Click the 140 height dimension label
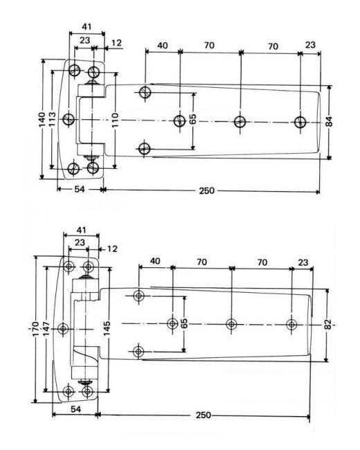pos(42,120)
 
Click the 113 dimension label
pos(52,119)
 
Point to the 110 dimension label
pos(114,120)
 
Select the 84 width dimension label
pos(330,121)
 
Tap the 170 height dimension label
pos(35,328)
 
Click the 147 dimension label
pos(46,328)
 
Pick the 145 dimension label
pos(107,329)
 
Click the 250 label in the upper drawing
pos(207,190)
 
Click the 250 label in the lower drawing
pos(204,415)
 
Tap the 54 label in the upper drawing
pos(80,190)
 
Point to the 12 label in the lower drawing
pos(112,249)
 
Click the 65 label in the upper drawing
pos(193,119)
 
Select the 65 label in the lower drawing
pos(185,323)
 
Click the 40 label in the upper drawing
pos(163,45)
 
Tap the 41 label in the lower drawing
pos(81,230)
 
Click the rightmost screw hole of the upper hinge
pos(300,122)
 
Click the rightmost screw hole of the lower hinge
pos(291,325)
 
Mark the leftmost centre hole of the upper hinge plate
pos(69,119)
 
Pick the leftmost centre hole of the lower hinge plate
pos(63,328)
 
